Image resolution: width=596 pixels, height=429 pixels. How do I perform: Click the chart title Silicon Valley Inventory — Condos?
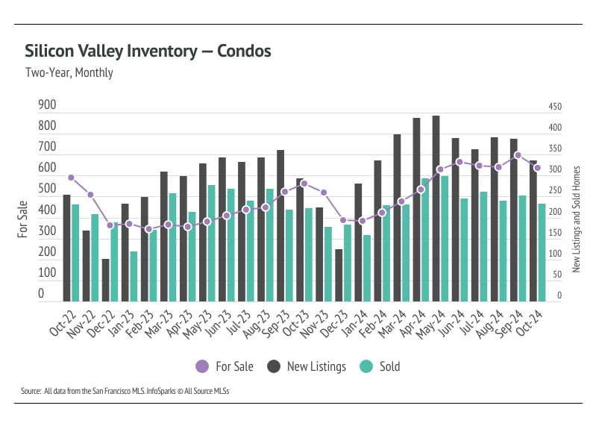click(148, 51)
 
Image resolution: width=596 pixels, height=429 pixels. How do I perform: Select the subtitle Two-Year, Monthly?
click(69, 73)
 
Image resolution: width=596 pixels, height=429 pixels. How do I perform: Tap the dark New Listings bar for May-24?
click(436, 208)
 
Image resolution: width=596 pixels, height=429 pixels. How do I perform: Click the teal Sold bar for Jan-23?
click(134, 276)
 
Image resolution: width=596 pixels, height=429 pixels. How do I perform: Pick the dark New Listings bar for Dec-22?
click(105, 280)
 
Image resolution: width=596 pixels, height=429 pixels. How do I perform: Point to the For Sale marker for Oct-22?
click(71, 178)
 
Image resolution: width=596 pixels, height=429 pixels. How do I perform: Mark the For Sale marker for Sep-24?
click(518, 155)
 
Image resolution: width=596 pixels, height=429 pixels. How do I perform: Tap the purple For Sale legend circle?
click(201, 366)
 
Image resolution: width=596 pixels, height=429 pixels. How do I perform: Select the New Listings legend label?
click(317, 366)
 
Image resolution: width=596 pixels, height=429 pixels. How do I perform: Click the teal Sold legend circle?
click(366, 366)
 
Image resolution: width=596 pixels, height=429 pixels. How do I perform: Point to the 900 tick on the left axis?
click(47, 106)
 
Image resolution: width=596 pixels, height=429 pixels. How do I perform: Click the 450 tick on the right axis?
click(555, 107)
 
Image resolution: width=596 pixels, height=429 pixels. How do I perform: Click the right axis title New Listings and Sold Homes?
click(576, 219)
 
